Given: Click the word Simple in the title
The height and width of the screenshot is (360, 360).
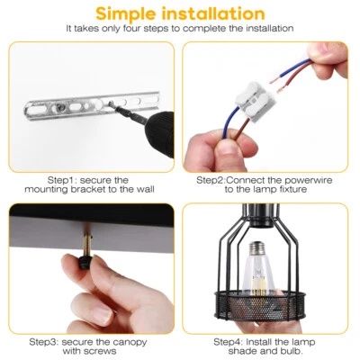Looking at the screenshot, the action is pyautogui.click(x=126, y=13).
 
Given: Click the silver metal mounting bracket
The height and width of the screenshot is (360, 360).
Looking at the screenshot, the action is pyautogui.click(x=92, y=104).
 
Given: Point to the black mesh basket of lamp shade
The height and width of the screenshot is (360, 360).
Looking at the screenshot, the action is pyautogui.click(x=260, y=303).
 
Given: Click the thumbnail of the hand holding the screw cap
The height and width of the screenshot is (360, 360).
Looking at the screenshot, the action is pyautogui.click(x=92, y=268).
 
